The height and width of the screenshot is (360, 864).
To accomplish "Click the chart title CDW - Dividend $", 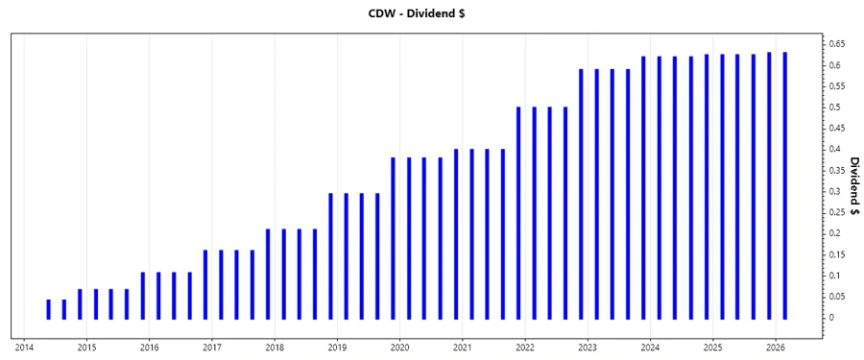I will pyautogui.click(x=431, y=12).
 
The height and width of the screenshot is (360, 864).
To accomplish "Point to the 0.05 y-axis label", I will pyautogui.click(x=836, y=297).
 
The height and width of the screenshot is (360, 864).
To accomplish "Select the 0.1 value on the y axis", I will pyautogui.click(x=834, y=276).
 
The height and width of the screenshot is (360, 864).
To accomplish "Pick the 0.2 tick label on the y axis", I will pyautogui.click(x=834, y=233).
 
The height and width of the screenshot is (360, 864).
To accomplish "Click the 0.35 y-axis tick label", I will pyautogui.click(x=836, y=170).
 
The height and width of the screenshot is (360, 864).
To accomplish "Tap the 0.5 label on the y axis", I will pyautogui.click(x=834, y=108).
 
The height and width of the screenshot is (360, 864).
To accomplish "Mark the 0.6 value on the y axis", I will pyautogui.click(x=834, y=65).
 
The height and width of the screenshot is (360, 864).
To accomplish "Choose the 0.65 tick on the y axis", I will pyautogui.click(x=836, y=44).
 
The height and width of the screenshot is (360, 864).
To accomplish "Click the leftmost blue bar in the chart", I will pyautogui.click(x=48, y=309).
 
